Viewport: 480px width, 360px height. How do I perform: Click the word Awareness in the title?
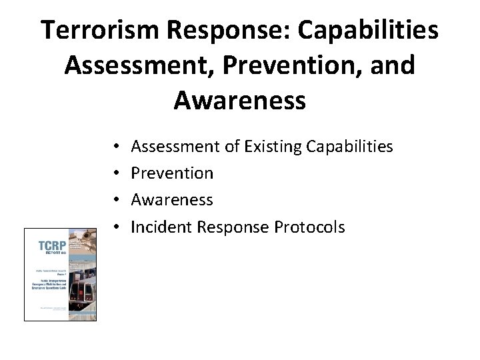[239, 100]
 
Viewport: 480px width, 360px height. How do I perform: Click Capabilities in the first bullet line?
[349, 146]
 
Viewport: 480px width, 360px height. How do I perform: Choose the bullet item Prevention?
[172, 173]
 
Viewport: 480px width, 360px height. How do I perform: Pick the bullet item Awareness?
[172, 199]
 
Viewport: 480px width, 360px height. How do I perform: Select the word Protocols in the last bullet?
[309, 227]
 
